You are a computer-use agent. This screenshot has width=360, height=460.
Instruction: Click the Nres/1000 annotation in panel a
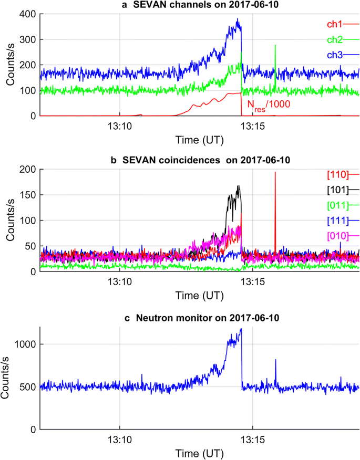coord(269,104)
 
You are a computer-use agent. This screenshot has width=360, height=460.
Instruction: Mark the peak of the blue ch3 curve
coord(238,19)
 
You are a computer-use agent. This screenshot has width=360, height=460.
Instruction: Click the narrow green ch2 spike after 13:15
coord(275,46)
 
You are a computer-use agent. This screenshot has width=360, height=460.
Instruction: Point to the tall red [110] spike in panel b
coord(275,173)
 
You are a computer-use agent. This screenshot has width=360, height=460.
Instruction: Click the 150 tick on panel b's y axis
coord(28,195)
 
